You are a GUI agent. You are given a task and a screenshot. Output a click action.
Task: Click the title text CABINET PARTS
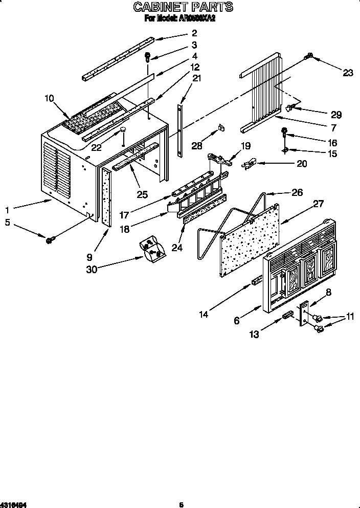183,7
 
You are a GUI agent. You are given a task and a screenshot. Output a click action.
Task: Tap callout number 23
348,73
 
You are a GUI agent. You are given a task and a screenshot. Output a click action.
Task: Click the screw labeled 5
51,239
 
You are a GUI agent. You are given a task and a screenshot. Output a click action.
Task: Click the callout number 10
49,99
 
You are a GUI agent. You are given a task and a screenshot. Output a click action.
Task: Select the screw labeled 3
148,57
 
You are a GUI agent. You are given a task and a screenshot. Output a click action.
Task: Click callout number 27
318,204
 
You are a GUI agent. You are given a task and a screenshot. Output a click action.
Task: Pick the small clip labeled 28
221,126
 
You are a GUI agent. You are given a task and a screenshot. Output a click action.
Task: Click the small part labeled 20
249,164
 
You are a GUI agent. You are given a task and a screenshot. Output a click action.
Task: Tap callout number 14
204,315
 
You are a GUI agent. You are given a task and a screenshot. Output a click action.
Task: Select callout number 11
350,317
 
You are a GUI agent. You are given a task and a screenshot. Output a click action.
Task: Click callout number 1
7,209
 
